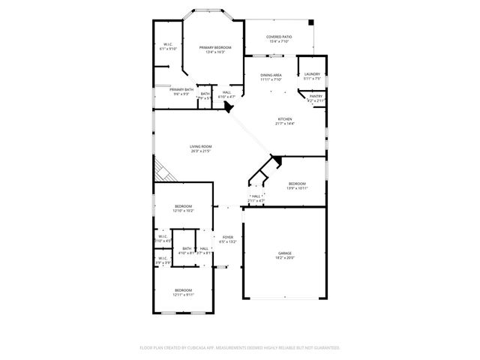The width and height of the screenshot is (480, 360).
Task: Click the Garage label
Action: pyautogui.click(x=285, y=253)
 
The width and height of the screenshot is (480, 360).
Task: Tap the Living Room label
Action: pyautogui.click(x=201, y=146)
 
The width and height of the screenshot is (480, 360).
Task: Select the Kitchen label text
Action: pyautogui.click(x=285, y=119)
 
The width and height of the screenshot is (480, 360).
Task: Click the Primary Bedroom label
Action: pyautogui.click(x=215, y=47)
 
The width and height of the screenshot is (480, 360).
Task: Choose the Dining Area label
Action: pyautogui.click(x=271, y=75)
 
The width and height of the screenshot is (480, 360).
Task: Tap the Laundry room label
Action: pyautogui.click(x=312, y=73)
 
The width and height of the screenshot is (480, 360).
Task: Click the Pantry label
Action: pyautogui.click(x=316, y=95)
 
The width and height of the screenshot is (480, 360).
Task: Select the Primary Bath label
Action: pyautogui.click(x=171, y=89)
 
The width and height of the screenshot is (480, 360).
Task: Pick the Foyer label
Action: pyautogui.click(x=227, y=237)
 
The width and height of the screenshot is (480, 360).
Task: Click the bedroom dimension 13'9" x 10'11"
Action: pyautogui.click(x=297, y=188)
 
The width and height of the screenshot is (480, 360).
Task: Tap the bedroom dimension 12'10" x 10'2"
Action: pyautogui.click(x=184, y=211)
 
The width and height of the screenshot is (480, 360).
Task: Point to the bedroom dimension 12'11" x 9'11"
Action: pyautogui.click(x=184, y=295)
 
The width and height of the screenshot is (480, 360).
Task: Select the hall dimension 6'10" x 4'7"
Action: pyautogui.click(x=226, y=97)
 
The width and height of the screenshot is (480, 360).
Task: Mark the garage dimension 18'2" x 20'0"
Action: pyautogui.click(x=285, y=259)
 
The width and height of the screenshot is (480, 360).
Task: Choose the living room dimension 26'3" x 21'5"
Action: pyautogui.click(x=201, y=151)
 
